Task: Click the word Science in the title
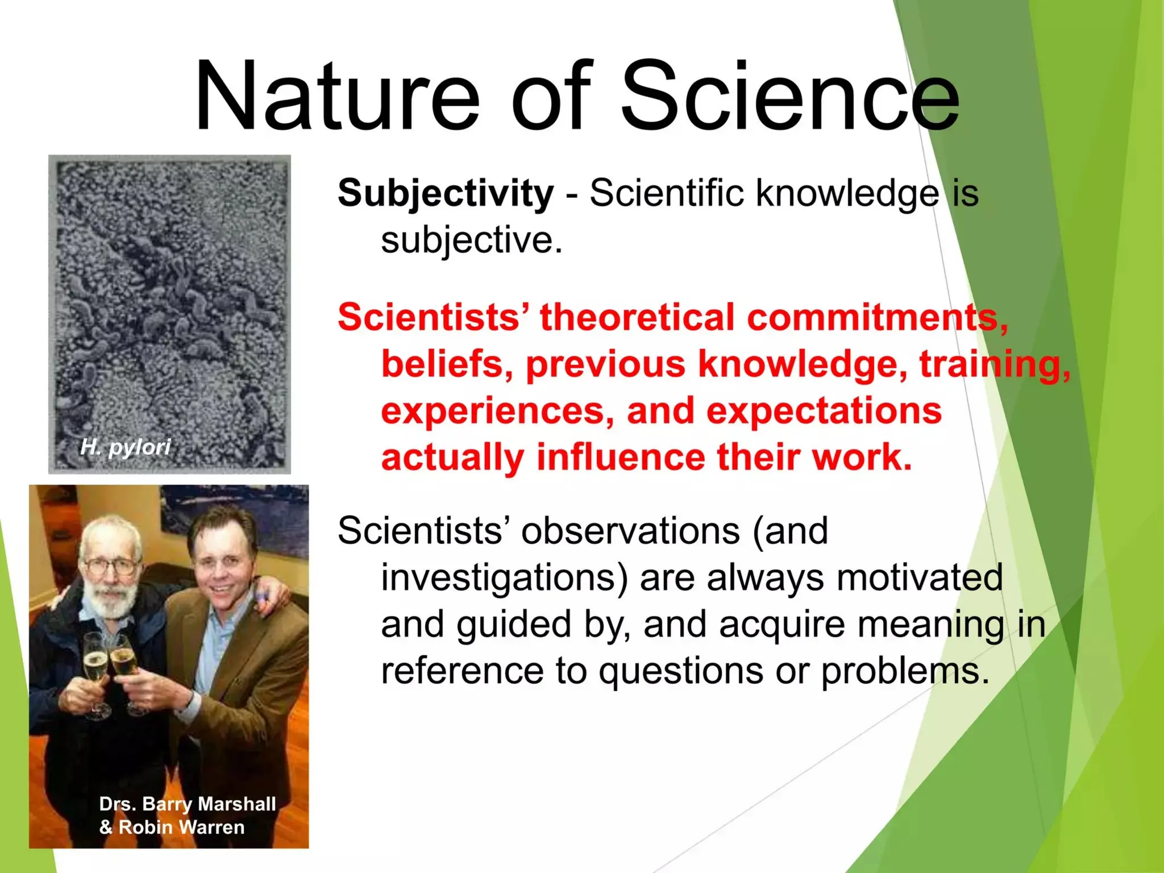pyautogui.click(x=790, y=97)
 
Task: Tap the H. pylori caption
pyautogui.click(x=126, y=447)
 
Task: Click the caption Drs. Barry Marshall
pyautogui.click(x=188, y=804)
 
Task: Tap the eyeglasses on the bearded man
pyautogui.click(x=111, y=566)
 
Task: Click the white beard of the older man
pyautogui.click(x=113, y=600)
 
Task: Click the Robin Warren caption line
pyautogui.click(x=172, y=827)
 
